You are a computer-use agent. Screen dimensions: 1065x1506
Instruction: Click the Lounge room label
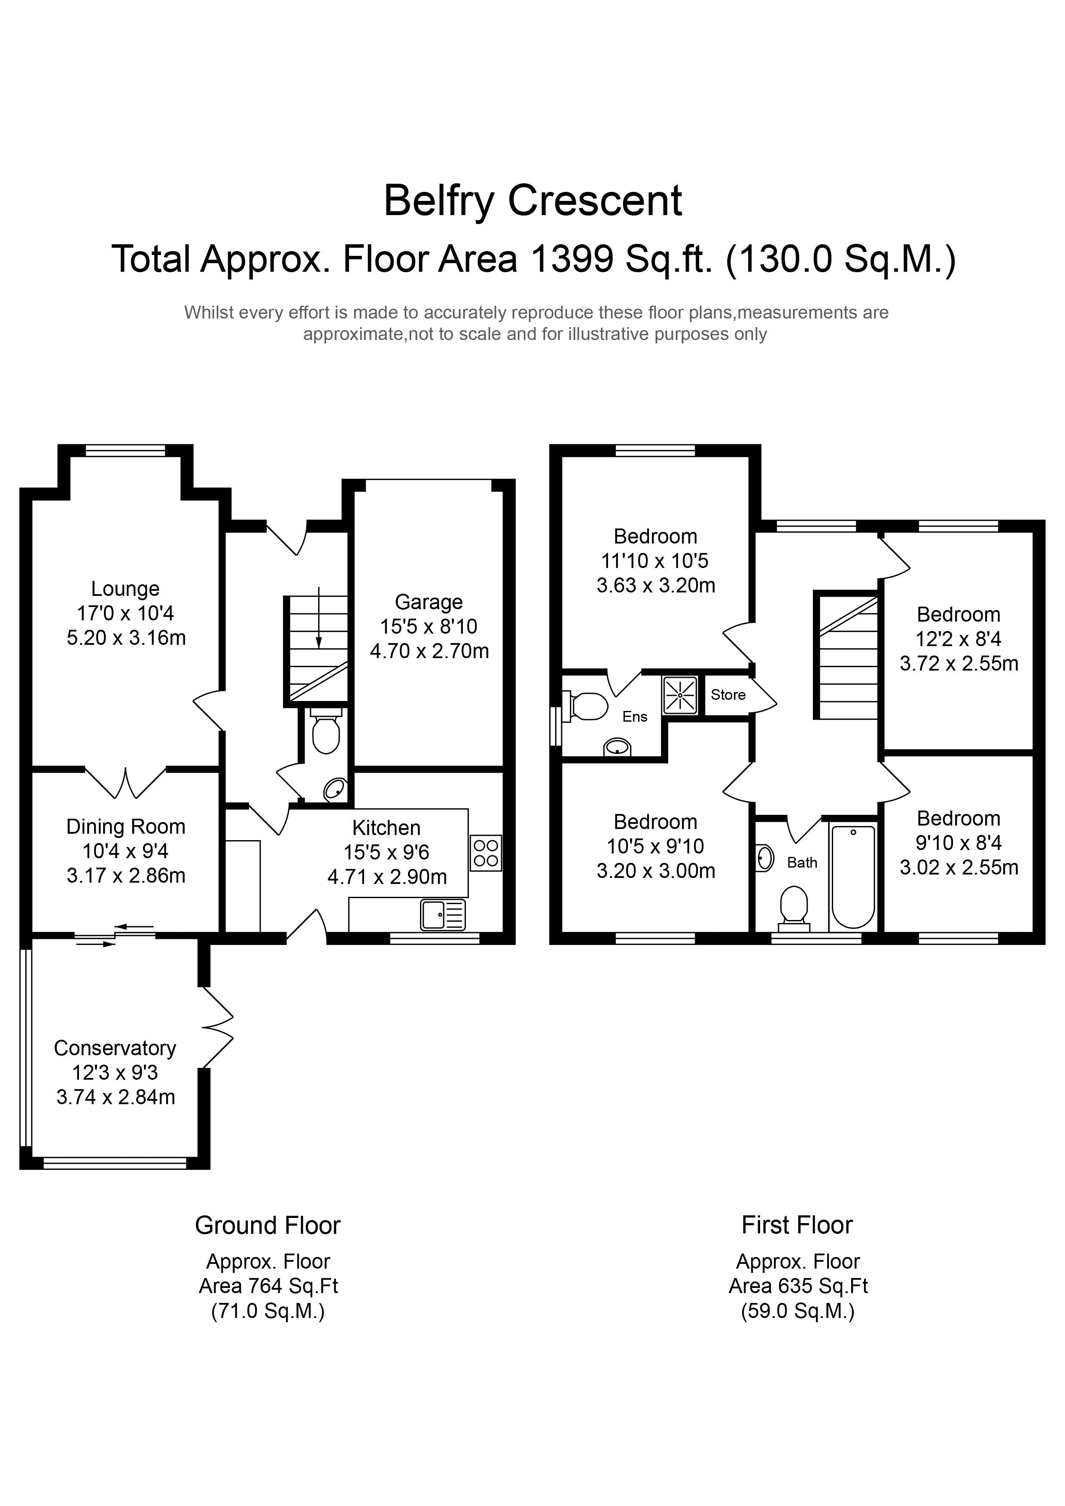tap(125, 589)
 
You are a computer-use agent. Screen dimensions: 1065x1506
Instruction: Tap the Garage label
tap(429, 602)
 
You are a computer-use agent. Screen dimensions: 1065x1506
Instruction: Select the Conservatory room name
tap(115, 1048)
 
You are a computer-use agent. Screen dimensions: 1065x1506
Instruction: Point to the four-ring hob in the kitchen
tap(486, 853)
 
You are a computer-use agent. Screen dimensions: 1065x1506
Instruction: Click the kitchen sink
tap(443, 914)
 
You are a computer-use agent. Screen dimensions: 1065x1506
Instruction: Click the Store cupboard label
tap(728, 695)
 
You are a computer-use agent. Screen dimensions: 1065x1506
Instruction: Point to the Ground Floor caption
tap(268, 1225)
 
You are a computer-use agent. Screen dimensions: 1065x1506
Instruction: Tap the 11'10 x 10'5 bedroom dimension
tap(655, 561)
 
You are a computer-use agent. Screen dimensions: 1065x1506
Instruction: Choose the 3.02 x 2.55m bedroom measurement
tap(958, 868)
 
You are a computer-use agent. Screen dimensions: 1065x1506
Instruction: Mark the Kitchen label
tap(386, 828)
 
